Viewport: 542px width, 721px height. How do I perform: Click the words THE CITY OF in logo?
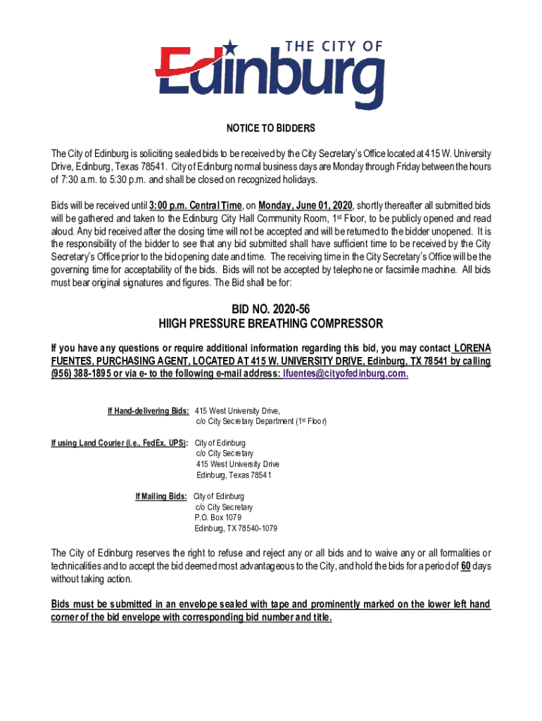pos(334,47)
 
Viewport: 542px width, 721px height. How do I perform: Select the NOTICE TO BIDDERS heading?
pos(271,129)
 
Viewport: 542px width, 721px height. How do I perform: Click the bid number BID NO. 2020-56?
pos(271,308)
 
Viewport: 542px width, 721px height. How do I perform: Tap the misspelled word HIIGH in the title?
pos(176,324)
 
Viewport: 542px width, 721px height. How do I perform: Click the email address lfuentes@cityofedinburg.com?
pos(345,374)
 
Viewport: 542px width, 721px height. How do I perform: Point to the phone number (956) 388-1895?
pos(81,374)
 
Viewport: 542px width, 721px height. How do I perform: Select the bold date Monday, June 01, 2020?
pos(305,205)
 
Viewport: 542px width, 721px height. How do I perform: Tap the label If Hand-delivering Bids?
pos(148,410)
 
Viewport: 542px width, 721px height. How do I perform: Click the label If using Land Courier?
pos(119,443)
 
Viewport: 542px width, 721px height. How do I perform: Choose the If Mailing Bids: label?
pos(161,496)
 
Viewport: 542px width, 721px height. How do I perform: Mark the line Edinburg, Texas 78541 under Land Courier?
pos(233,475)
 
